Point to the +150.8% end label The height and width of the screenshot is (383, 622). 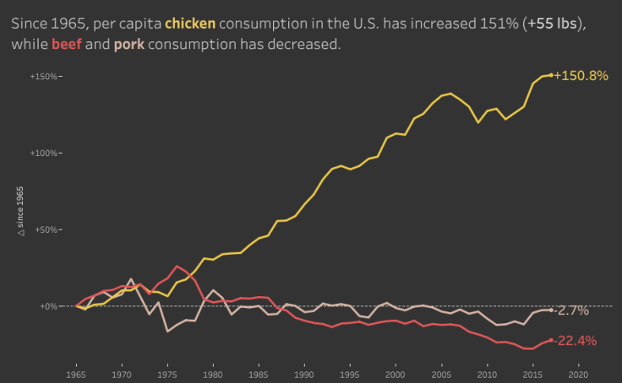tap(581, 76)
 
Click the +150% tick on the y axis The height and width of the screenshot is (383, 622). tap(45, 77)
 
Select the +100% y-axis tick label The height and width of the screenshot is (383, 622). tap(45, 154)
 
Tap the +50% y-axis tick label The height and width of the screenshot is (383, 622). tap(46, 229)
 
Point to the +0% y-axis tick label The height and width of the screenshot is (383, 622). tap(48, 306)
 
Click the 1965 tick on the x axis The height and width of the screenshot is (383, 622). tap(76, 372)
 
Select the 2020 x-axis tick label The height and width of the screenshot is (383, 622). tap(578, 372)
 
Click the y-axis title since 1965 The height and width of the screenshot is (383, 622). tap(21, 215)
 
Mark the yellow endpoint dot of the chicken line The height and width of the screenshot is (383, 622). tap(551, 75)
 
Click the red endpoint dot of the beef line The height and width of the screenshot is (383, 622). tap(551, 340)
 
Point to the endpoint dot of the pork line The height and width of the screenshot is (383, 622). tap(551, 310)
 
